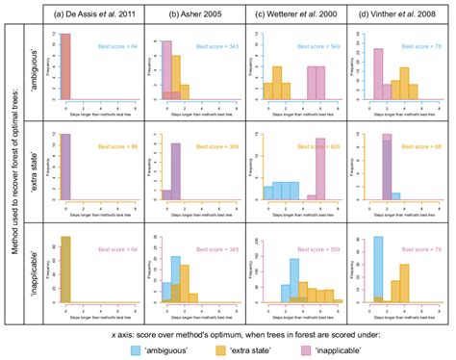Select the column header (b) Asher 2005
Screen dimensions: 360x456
click(191, 13)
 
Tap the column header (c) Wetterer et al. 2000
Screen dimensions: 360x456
click(292, 13)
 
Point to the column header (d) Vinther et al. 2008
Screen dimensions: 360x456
click(393, 13)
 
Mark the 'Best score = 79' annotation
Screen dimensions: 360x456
click(424, 246)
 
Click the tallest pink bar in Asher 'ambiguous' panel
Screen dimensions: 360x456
click(166, 73)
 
